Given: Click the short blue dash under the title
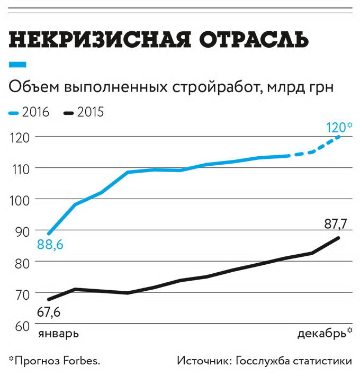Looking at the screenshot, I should (x=18, y=65).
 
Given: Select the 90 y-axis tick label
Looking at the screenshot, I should (x=20, y=230).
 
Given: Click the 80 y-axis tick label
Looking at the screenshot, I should (x=20, y=262).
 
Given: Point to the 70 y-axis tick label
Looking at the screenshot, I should (x=20, y=293).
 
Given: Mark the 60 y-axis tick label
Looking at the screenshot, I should (x=20, y=324).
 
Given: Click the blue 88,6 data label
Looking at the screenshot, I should (x=50, y=245).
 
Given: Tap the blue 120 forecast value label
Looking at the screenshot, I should (x=337, y=127).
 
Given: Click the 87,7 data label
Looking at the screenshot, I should (x=335, y=225).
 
